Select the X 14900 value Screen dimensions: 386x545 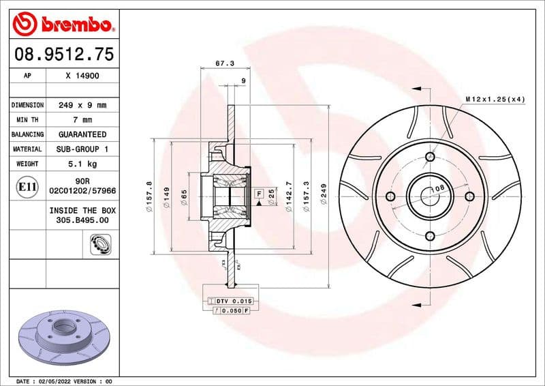[x=82, y=76]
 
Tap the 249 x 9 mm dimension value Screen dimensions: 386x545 [x=82, y=106]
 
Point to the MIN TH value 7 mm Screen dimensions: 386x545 [x=82, y=120]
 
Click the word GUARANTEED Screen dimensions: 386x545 [x=82, y=134]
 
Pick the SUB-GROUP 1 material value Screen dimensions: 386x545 [x=82, y=149]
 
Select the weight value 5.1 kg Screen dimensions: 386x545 [x=82, y=164]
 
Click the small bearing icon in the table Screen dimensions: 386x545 [x=101, y=243]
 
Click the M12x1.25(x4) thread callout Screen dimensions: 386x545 [x=495, y=100]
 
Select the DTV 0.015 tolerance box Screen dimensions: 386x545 [x=234, y=301]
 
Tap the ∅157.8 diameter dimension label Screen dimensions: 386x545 [x=149, y=196]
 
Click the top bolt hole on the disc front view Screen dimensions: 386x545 [x=429, y=158]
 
